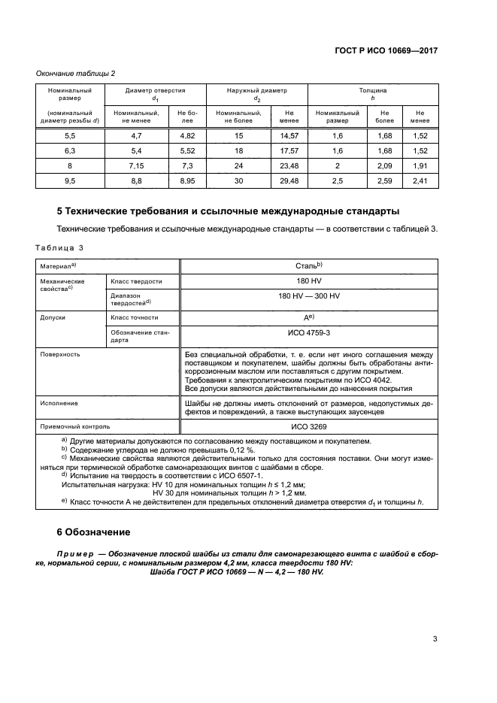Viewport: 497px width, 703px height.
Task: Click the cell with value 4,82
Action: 186,135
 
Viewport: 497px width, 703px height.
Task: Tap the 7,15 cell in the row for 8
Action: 136,165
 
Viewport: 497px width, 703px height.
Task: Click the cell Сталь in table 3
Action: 309,265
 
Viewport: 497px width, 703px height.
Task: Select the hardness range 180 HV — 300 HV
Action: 309,297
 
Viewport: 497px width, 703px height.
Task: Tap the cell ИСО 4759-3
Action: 309,332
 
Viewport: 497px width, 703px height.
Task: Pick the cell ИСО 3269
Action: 309,426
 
